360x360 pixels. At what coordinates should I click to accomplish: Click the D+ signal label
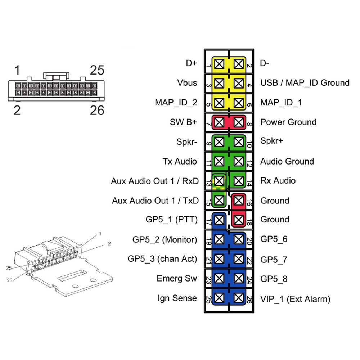[192, 63]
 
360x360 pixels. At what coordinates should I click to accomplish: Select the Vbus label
[187, 83]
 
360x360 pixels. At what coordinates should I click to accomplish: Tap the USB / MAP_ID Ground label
[305, 83]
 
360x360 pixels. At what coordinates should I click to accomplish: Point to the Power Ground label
[288, 122]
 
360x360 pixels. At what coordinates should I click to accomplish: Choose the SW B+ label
[184, 122]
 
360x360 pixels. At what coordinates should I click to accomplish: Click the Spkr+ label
[271, 140]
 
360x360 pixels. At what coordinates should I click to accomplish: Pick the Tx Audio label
[180, 161]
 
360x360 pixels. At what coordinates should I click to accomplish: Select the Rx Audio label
[278, 181]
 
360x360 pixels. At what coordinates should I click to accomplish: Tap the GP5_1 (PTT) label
[171, 220]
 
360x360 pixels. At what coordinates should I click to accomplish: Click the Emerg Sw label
[177, 278]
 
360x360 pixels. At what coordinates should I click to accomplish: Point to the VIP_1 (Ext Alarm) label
[295, 299]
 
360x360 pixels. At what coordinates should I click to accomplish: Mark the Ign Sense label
[177, 298]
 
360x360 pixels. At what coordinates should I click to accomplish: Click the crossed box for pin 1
[219, 64]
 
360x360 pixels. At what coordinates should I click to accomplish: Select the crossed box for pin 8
[239, 122]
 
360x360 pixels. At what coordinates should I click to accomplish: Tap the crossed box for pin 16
[239, 201]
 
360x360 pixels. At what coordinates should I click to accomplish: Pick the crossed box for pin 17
[219, 220]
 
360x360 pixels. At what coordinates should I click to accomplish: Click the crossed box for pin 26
[239, 298]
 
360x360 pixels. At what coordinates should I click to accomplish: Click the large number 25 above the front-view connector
[97, 70]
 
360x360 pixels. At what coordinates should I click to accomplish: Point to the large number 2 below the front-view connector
[17, 111]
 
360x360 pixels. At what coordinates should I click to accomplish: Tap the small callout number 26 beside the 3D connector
[9, 280]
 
